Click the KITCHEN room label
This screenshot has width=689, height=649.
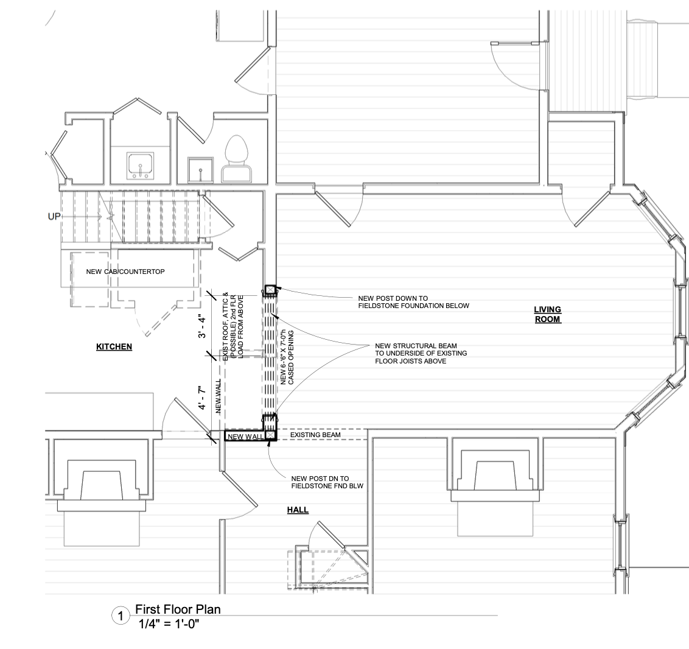(x=114, y=346)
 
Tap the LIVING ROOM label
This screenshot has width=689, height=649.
(x=548, y=314)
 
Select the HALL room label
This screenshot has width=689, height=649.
(x=298, y=510)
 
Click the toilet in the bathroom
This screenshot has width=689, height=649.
(x=236, y=158)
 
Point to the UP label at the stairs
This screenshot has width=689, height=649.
(x=54, y=217)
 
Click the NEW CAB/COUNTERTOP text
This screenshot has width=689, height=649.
(x=125, y=272)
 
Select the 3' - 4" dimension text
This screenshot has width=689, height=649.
(x=201, y=326)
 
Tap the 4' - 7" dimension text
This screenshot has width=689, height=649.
(x=201, y=398)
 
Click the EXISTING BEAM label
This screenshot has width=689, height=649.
(x=315, y=435)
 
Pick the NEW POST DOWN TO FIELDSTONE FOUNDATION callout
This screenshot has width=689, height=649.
(x=413, y=302)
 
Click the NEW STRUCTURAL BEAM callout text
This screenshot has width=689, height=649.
(x=421, y=353)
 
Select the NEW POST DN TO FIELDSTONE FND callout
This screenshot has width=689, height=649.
(x=327, y=482)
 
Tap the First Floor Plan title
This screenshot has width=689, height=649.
(x=178, y=609)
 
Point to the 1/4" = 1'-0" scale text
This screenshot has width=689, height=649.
(x=169, y=623)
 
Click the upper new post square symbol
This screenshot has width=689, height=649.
(x=270, y=290)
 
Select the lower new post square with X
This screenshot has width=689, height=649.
(x=270, y=435)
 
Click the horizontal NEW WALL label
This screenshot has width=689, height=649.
(x=246, y=437)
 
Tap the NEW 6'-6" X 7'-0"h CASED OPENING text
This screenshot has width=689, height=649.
(x=287, y=357)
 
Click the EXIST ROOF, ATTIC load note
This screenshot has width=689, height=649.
(x=233, y=326)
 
